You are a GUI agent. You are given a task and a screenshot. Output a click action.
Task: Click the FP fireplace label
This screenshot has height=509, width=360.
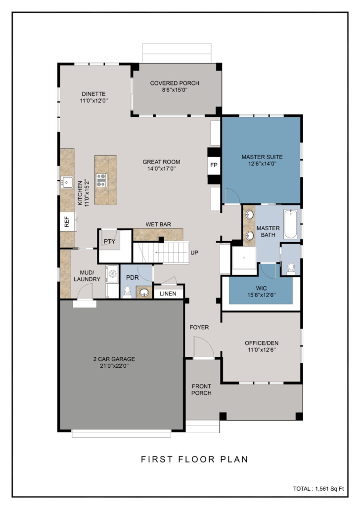click(x=214, y=165)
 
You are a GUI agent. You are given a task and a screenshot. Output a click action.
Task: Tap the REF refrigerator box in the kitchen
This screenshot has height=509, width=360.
click(x=67, y=221)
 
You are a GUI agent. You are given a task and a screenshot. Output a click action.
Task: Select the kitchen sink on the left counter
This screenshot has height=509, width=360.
click(x=67, y=182)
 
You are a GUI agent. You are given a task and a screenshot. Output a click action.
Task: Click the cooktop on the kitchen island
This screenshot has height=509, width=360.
click(x=101, y=180)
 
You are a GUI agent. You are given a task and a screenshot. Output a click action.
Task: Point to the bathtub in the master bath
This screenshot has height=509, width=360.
click(x=290, y=224)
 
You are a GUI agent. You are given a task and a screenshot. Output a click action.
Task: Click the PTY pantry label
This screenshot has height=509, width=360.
click(x=109, y=241)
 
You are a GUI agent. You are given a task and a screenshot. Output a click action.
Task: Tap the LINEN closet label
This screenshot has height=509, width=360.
click(x=168, y=294)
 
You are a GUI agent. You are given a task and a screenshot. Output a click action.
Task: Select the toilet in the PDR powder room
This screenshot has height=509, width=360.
click(x=127, y=292)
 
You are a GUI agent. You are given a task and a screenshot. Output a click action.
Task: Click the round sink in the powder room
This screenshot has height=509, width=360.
click(x=144, y=293)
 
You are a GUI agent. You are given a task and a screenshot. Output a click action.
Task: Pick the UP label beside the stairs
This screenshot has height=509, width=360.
click(x=194, y=253)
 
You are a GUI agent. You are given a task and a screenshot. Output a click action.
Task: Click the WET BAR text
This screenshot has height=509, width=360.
click(x=158, y=224)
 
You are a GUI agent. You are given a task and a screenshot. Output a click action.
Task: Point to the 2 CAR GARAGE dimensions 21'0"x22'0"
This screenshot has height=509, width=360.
click(x=114, y=366)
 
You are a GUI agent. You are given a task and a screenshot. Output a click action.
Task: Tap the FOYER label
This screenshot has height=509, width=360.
click(x=199, y=327)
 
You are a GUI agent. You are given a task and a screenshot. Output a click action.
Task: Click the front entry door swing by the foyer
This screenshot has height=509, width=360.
click(x=204, y=347)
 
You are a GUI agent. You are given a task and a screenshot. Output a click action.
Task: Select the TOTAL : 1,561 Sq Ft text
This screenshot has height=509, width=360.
click(x=318, y=489)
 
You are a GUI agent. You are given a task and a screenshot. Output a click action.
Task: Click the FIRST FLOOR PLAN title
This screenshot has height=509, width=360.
click(x=195, y=459)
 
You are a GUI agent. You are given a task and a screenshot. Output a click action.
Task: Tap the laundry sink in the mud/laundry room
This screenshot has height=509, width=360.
click(x=112, y=274)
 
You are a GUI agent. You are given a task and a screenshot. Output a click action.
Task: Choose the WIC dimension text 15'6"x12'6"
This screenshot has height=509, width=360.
click(x=262, y=295)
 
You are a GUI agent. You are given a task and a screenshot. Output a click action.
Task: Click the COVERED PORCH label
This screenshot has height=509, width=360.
click(x=175, y=83)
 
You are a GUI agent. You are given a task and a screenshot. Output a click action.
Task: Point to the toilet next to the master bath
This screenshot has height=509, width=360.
click(x=291, y=268)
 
